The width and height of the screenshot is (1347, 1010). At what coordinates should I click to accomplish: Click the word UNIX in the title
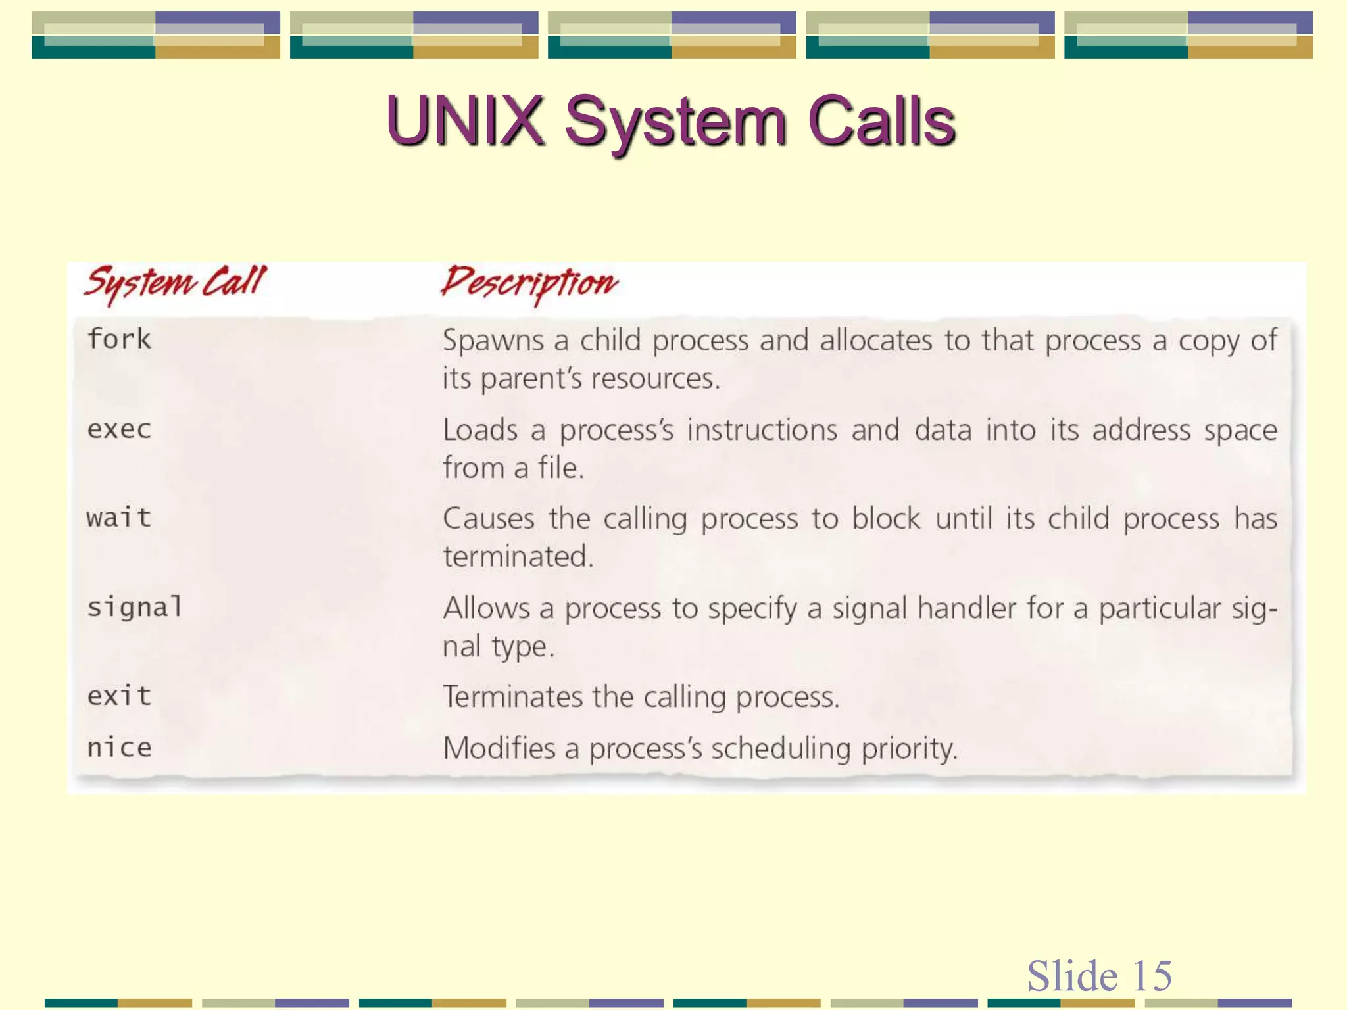tap(464, 121)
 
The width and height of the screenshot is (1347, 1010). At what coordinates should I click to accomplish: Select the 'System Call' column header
tap(175, 283)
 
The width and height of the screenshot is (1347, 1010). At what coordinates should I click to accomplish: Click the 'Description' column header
tap(529, 283)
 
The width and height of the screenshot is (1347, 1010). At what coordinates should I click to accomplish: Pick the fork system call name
tap(119, 339)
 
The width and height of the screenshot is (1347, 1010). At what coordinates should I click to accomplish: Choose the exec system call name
tap(119, 429)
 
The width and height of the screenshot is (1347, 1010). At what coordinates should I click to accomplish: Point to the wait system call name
tap(119, 518)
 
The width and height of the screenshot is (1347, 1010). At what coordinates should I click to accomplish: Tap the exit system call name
tap(119, 696)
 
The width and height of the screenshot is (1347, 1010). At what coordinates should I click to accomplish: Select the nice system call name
tap(119, 748)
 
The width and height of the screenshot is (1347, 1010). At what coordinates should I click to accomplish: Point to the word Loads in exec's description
tap(480, 430)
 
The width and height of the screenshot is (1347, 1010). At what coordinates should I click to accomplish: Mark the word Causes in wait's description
tap(488, 519)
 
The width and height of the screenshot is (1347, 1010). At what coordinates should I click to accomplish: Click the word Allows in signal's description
tap(486, 608)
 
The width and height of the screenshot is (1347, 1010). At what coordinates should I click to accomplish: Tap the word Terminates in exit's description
tap(512, 697)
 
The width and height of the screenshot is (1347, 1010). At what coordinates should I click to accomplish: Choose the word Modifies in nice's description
tap(499, 748)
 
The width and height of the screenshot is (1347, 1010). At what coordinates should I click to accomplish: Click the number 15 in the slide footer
tap(1152, 975)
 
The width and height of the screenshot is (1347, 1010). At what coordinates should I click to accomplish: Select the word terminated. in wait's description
tap(518, 556)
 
